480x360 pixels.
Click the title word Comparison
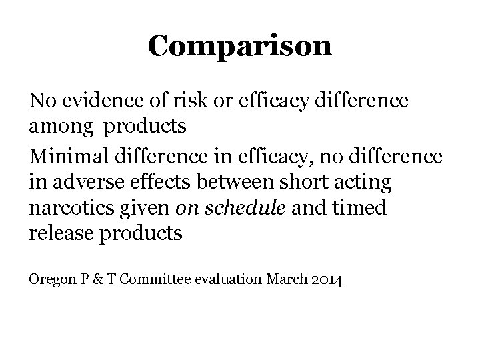tap(239, 45)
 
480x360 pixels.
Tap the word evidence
tap(89, 102)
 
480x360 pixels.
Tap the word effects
tap(132, 181)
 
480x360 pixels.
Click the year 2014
tap(327, 280)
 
